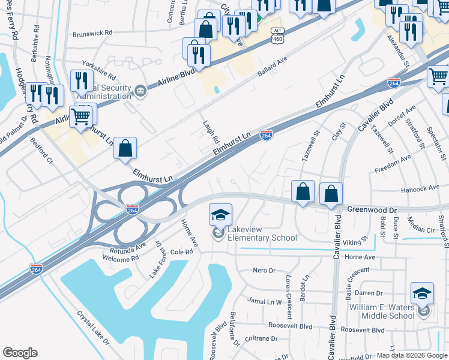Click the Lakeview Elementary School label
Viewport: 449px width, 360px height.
pos(259,238)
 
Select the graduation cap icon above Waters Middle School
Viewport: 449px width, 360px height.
pos(422,293)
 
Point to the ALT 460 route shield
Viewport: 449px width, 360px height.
pos(277,35)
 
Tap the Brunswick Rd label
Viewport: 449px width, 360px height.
pos(92,34)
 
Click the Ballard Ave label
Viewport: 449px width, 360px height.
pos(273,67)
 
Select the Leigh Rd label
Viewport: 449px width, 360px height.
pos(211,126)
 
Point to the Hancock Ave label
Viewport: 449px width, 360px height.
pos(420,189)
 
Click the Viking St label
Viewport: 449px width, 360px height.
pos(355,242)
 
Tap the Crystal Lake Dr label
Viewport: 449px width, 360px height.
pos(93,327)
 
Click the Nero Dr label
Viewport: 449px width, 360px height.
pos(264,271)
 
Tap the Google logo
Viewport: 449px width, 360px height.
pos(20,353)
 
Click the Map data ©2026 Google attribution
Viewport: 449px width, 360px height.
pos(412,355)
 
